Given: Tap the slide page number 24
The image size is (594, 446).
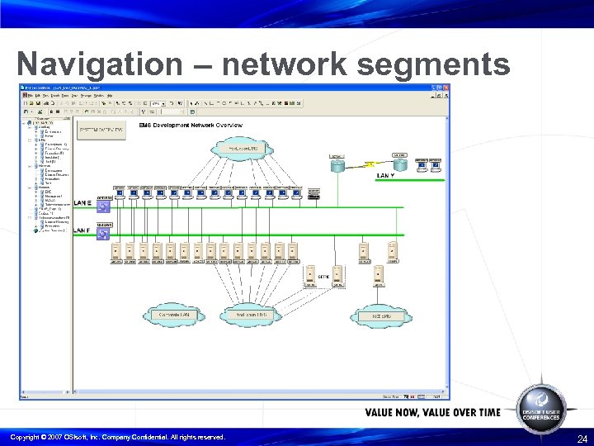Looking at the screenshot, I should [582, 439].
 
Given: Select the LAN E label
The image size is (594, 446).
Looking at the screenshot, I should [82, 202].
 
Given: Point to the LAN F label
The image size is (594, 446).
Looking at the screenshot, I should [82, 230].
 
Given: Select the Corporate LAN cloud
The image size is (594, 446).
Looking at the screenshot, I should [172, 316].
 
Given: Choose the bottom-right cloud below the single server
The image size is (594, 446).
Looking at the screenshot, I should [379, 316].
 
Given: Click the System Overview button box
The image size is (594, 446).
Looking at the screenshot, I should [101, 130].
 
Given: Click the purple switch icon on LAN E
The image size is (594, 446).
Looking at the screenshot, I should [104, 207].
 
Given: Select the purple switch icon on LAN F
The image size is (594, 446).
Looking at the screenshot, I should [104, 235].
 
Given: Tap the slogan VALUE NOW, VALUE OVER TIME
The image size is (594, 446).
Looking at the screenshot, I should [432, 412].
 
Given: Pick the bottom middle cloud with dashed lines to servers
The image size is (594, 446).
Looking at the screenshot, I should [251, 316].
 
